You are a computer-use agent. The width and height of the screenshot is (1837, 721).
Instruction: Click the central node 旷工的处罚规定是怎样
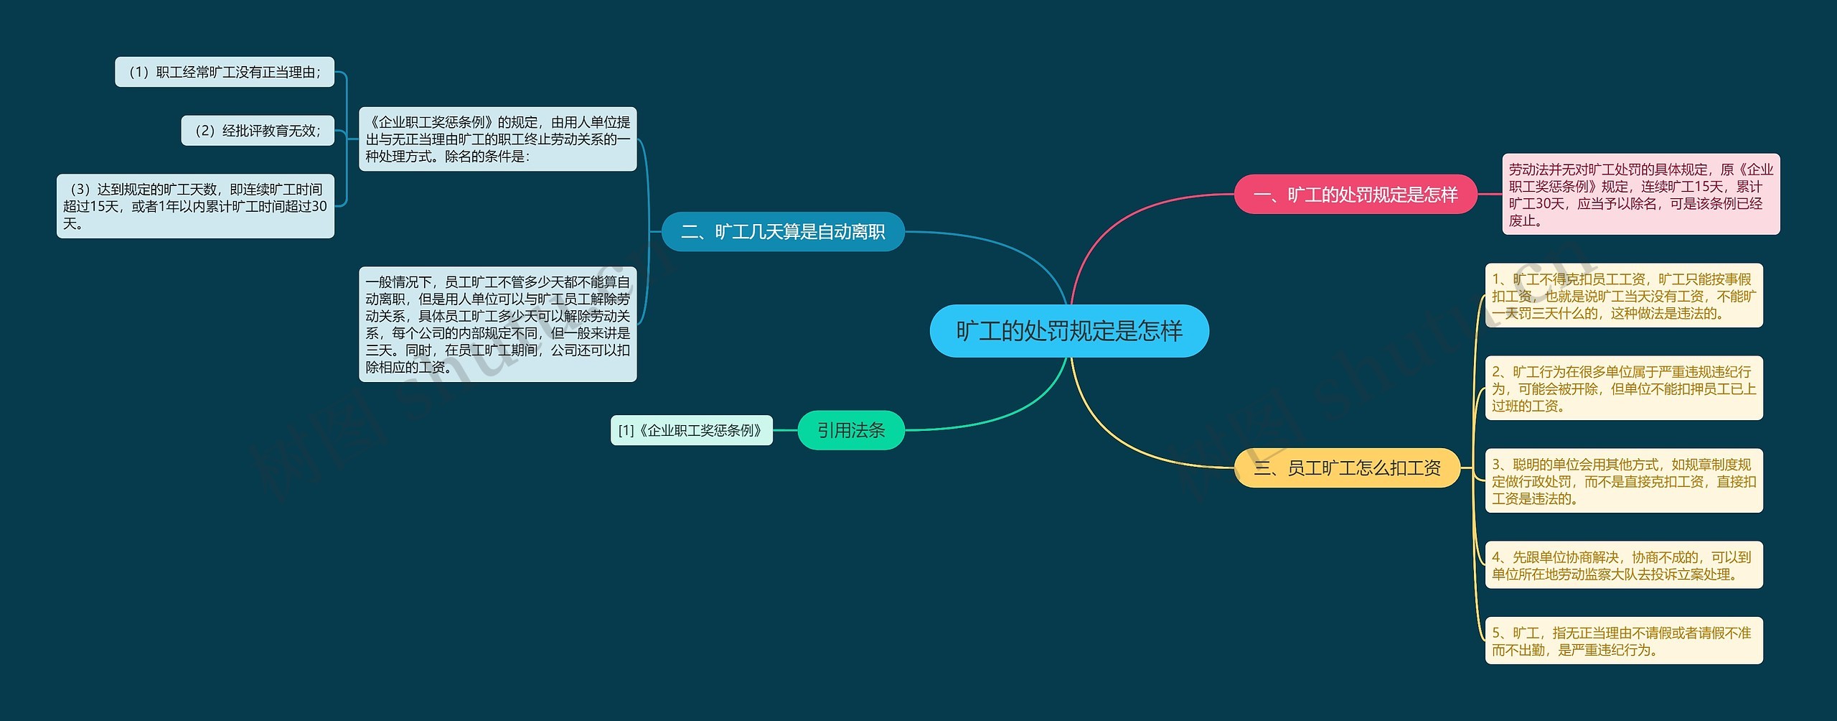pyautogui.click(x=1069, y=331)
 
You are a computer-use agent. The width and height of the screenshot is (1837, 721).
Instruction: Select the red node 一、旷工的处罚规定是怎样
pyautogui.click(x=1355, y=195)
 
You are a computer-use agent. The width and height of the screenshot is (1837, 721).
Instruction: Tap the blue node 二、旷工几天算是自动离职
pyautogui.click(x=782, y=232)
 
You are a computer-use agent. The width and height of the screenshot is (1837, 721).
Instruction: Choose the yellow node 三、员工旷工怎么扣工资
pyautogui.click(x=1347, y=468)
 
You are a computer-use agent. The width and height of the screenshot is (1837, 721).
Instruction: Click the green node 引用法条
pyautogui.click(x=851, y=430)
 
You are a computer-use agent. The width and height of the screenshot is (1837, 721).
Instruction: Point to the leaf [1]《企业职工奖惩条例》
pyautogui.click(x=691, y=430)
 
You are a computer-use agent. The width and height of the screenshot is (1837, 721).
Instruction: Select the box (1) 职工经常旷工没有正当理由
pyautogui.click(x=225, y=72)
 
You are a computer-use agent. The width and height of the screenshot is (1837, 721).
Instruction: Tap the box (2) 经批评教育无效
pyautogui.click(x=258, y=131)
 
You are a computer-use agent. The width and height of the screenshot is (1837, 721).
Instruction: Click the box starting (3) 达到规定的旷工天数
pyautogui.click(x=195, y=206)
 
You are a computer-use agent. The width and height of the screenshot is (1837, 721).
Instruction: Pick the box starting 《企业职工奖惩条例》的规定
pyautogui.click(x=497, y=139)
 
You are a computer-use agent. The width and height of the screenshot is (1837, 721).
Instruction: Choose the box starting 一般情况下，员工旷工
pyautogui.click(x=497, y=325)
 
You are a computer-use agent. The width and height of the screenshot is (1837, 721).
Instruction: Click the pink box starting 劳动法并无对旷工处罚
pyautogui.click(x=1640, y=195)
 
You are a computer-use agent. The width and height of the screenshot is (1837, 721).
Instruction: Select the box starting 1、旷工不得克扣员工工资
pyautogui.click(x=1623, y=296)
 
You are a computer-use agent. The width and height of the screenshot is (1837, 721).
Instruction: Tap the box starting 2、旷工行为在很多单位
pyautogui.click(x=1623, y=389)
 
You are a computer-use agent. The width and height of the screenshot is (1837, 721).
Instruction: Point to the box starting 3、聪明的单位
pyautogui.click(x=1623, y=481)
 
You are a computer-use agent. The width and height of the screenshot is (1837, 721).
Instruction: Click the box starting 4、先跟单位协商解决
pyautogui.click(x=1623, y=565)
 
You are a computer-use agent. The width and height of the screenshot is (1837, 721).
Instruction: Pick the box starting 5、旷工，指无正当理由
pyautogui.click(x=1623, y=641)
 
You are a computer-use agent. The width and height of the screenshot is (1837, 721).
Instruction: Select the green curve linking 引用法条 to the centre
pyautogui.click(x=1005, y=417)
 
